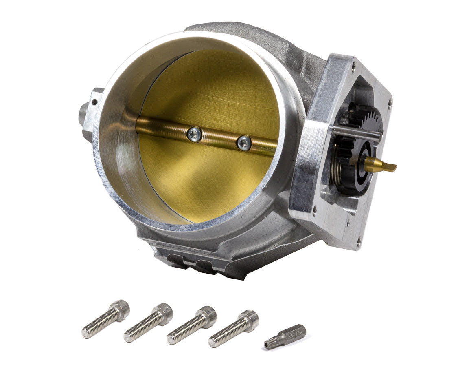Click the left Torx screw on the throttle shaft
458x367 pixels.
click(x=195, y=134)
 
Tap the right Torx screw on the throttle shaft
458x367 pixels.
click(x=244, y=142)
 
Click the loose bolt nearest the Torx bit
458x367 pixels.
click(x=234, y=329)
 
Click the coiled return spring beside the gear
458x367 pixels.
click(x=338, y=168)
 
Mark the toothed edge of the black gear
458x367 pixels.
click(x=368, y=116)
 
